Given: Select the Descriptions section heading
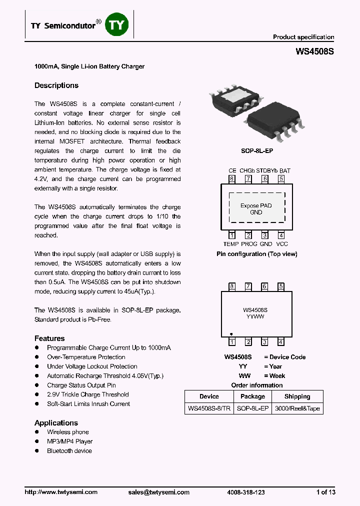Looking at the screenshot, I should coord(56,85).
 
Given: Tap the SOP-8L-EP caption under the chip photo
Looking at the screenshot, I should coord(257,150).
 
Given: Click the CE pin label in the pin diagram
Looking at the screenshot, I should coord(232,170).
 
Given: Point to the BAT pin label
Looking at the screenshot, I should coord(284,170).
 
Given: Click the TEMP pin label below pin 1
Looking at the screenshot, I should coord(231,244).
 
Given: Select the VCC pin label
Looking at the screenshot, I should coord(282,244).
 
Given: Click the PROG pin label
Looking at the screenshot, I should coord(249,244).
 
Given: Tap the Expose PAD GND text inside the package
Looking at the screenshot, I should coord(256,209).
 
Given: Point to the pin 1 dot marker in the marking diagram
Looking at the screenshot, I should coord(231,333).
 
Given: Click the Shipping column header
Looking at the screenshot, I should coord(297,396).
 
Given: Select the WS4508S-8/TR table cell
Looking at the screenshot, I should coord(209,408).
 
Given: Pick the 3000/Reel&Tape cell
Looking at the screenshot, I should coord(297,408).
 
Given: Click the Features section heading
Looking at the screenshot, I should coord(49,338).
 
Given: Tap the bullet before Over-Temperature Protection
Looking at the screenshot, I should coord(37,357).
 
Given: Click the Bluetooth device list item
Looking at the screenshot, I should coord(69,451).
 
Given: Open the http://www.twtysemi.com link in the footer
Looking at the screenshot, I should coord(61,492).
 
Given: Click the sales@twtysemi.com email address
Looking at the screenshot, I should coord(159,492).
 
